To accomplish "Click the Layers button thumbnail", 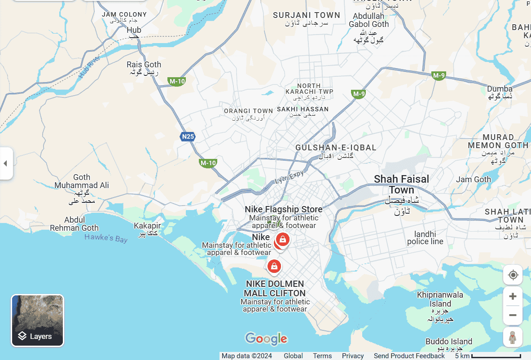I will (38, 320).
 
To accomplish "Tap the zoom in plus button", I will (513, 296).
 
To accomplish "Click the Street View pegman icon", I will (513, 336).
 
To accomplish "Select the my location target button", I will (513, 275).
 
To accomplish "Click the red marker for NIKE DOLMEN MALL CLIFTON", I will (274, 267).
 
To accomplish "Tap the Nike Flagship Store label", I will (283, 209).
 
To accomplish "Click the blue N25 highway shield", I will (188, 136).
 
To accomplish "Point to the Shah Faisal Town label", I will (401, 184).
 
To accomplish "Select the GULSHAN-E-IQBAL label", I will (336, 148).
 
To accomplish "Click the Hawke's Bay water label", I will (106, 238).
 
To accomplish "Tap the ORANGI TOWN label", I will (248, 111).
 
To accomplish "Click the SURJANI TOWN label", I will (307, 15).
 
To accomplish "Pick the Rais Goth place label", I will (144, 65).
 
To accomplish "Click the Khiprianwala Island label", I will (440, 299).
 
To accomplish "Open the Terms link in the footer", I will (322, 356).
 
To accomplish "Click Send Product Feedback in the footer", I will (409, 356).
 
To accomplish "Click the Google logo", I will (266, 339).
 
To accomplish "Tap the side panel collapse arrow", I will (5, 163).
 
